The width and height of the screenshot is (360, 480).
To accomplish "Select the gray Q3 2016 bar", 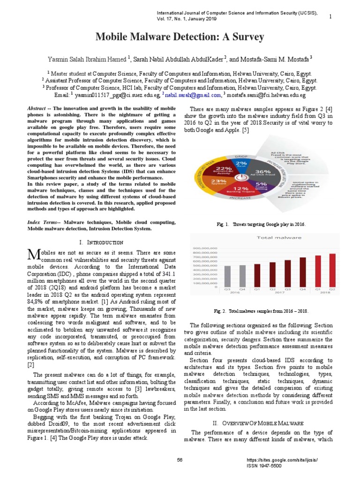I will coord(227,276).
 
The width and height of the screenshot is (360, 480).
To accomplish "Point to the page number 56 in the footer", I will coord(180,460).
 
